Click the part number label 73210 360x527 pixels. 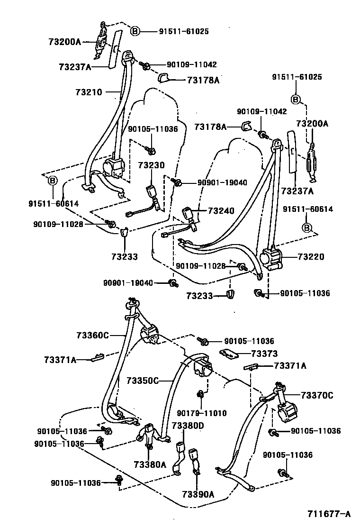coord(89,92)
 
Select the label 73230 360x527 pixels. coord(152,165)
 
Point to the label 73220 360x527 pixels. coord(311,257)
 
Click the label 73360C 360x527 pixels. coord(93,336)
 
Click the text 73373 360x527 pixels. coord(264,354)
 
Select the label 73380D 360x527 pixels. coord(188,425)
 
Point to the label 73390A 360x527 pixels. coord(198,495)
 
